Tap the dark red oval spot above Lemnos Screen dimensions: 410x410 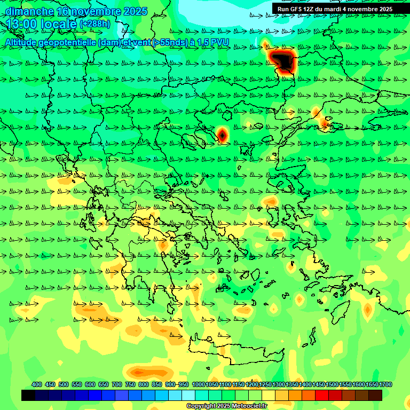pyautogui.click(x=223, y=135)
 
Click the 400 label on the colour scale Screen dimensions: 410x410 pyautogui.click(x=37, y=384)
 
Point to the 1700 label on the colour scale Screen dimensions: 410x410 pyautogui.click(x=386, y=384)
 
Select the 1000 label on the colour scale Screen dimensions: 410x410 pyautogui.click(x=199, y=384)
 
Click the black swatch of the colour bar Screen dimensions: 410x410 pyautogui.click(x=28, y=395)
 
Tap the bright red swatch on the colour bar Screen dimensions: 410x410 pyautogui.click(x=321, y=395)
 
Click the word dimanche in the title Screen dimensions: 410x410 pyautogui.click(x=29, y=11)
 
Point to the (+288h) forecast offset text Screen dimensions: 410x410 pyautogui.click(x=94, y=24)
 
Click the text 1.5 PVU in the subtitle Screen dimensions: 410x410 pyautogui.click(x=213, y=42)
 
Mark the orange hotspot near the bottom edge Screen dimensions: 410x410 pyautogui.click(x=140, y=372)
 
